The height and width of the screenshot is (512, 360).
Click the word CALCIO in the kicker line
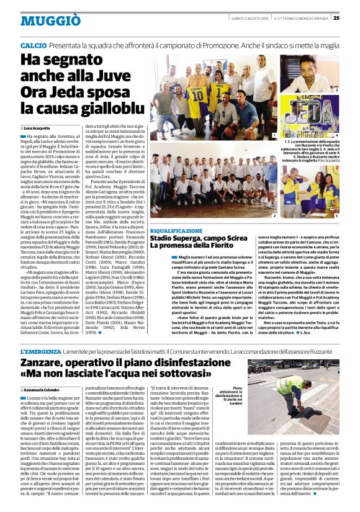[x=33, y=46]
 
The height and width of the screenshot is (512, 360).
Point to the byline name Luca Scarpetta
[x=37, y=128]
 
